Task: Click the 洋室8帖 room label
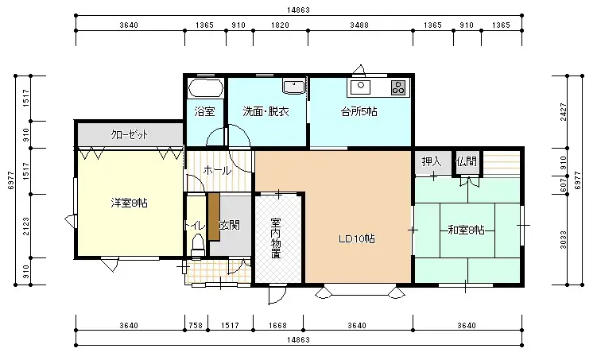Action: point(129,203)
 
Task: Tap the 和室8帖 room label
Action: point(466,230)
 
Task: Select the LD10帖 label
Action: point(357,238)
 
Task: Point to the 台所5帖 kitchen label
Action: point(359,112)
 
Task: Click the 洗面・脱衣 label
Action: point(266,112)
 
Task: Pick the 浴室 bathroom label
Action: point(204,112)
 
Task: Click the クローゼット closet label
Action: point(130,134)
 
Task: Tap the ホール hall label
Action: point(217,170)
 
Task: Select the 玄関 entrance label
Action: point(230,226)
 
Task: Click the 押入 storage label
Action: point(432,161)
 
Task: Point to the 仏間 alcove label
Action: point(466,161)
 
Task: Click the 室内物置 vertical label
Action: point(275,238)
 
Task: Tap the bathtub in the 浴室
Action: point(206,87)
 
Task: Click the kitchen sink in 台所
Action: point(362,86)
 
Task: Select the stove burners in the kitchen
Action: point(397,86)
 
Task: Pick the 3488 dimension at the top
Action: point(359,25)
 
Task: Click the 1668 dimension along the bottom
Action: point(278,325)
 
